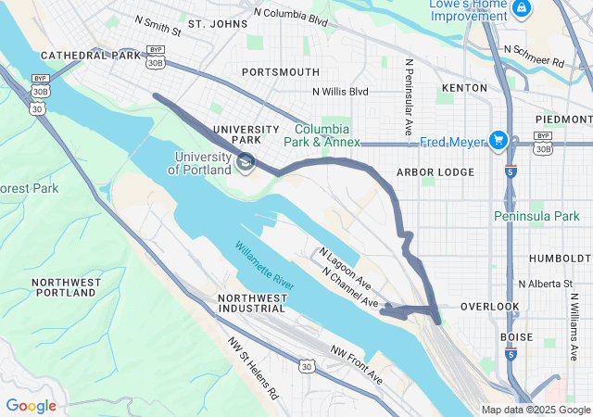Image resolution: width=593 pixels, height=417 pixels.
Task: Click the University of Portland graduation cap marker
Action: [x=246, y=163]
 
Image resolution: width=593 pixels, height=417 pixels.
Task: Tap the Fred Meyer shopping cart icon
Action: [x=499, y=140]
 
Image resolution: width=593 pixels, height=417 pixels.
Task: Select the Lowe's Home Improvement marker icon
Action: [x=523, y=8]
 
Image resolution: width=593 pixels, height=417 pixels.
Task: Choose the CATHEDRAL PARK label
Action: [x=89, y=56]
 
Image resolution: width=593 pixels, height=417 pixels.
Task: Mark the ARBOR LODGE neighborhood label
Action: [x=435, y=172]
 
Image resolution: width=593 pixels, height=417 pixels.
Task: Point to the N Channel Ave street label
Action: [x=351, y=289]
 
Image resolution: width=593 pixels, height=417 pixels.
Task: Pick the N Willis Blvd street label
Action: [x=339, y=92]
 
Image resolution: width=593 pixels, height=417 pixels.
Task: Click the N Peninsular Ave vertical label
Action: [x=409, y=97]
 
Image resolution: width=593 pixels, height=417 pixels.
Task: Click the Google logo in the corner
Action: [x=31, y=405]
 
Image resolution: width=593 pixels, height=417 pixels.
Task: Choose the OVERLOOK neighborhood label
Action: [x=489, y=307]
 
